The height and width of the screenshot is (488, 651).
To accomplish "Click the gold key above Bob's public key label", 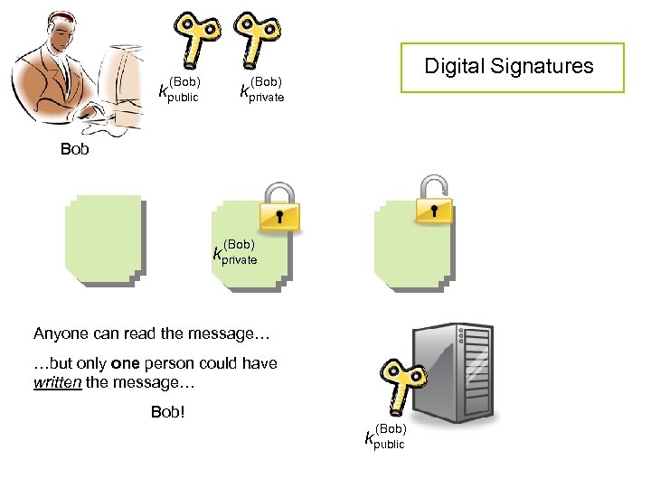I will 197,34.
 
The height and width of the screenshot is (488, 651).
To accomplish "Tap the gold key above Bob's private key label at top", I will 256,34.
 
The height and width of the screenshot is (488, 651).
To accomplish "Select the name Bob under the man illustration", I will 75,149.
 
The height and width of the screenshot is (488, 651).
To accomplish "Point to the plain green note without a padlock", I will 104,239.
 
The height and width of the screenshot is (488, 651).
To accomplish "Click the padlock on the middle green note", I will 279,206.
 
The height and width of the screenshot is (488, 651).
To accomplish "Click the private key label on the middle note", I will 235,253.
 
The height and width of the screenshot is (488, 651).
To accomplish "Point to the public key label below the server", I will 384,436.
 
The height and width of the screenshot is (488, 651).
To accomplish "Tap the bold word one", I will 125,363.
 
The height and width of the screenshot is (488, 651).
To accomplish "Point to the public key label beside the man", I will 178,89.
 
